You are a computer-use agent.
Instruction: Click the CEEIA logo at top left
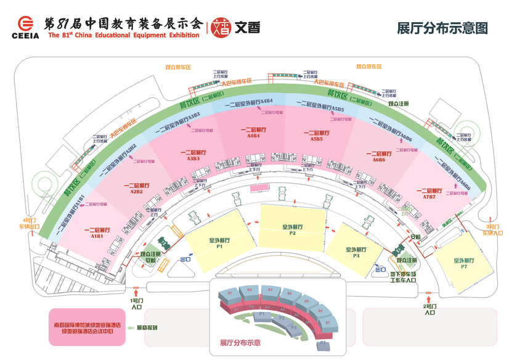[x=25, y=27]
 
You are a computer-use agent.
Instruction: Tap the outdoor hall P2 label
[x=293, y=229]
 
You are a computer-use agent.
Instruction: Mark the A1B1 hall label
[x=97, y=232]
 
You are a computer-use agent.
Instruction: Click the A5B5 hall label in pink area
[x=317, y=136]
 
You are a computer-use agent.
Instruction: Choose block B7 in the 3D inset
[x=330, y=321]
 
